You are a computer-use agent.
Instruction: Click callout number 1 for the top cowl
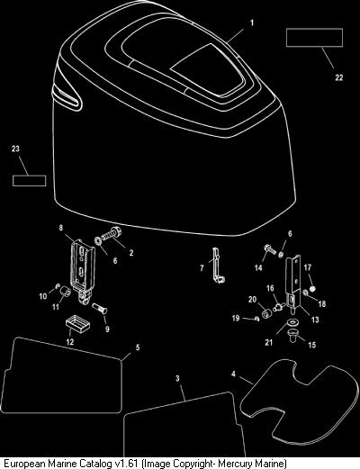[252, 23]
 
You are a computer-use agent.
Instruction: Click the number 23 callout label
[15, 149]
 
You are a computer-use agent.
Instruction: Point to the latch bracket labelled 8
[82, 267]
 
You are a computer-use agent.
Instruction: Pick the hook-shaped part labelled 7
[217, 266]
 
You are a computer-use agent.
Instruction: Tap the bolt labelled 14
[270, 249]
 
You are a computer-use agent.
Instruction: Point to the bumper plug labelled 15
[292, 336]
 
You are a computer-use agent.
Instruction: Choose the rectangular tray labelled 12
[77, 324]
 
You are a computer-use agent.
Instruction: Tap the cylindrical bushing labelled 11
[65, 291]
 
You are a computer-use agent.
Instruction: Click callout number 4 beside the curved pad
[233, 374]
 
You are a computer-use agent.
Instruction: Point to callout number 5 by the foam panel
[138, 347]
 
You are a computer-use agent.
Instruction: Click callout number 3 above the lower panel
[177, 378]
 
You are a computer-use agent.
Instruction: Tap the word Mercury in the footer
[231, 463]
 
